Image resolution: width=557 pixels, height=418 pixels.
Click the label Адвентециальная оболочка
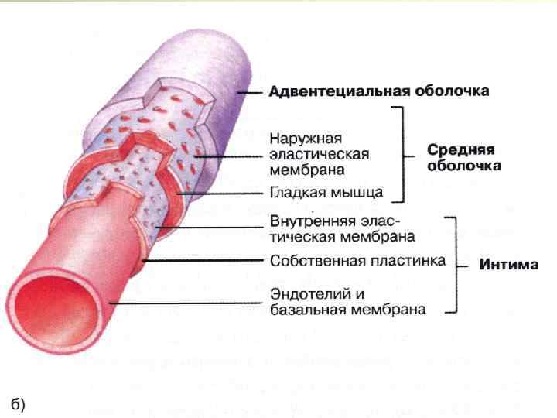(x=378, y=91)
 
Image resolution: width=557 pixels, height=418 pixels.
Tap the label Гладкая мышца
(x=326, y=192)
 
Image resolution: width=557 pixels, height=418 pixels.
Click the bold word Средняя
(x=461, y=150)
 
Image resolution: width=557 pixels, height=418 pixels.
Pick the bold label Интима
(x=509, y=265)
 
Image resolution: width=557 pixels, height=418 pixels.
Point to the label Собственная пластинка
(x=357, y=260)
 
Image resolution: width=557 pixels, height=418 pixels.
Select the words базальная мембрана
(x=347, y=310)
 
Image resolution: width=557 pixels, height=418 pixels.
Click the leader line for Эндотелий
(x=186, y=303)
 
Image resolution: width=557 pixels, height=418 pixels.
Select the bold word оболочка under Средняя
(x=464, y=166)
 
